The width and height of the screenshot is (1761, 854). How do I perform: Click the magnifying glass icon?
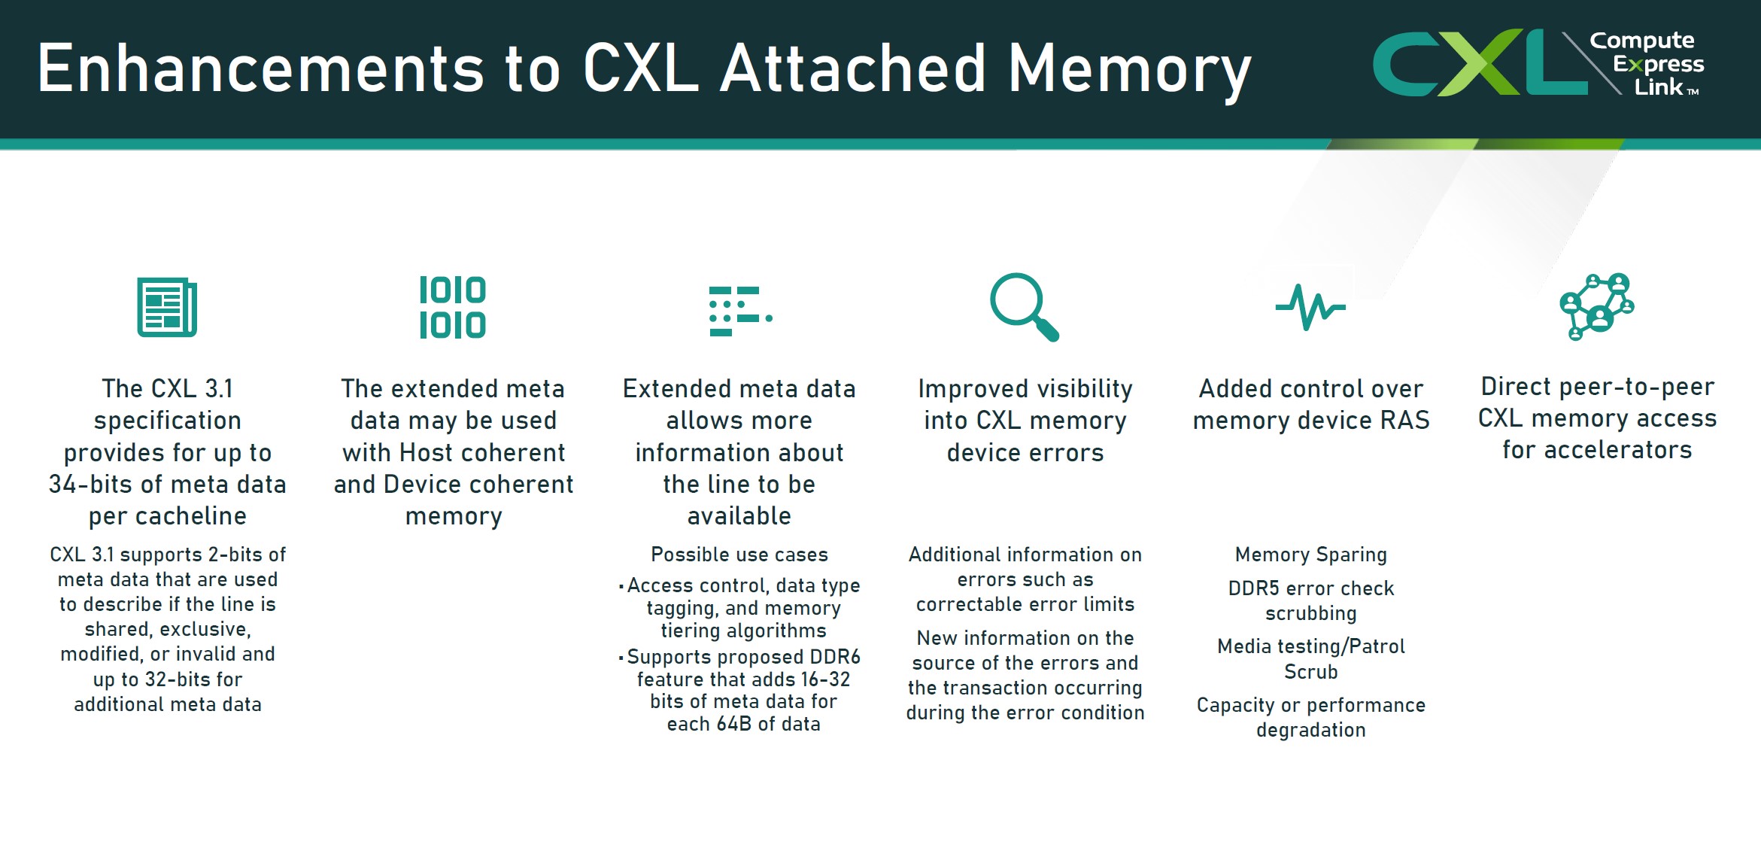(1024, 306)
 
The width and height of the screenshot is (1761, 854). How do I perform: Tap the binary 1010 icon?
(453, 307)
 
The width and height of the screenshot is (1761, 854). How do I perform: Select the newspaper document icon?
(167, 307)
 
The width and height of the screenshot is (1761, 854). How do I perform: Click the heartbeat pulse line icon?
(1310, 307)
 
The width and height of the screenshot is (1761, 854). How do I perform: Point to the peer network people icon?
(1597, 306)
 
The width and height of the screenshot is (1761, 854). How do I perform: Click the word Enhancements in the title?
(260, 69)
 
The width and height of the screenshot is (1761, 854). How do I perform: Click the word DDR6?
(835, 657)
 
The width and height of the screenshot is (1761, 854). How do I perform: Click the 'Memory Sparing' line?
(1310, 555)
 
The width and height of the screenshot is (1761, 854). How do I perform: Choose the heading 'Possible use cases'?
(739, 555)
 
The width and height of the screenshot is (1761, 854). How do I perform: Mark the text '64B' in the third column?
(733, 724)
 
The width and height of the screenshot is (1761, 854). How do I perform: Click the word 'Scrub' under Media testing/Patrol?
(1310, 672)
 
